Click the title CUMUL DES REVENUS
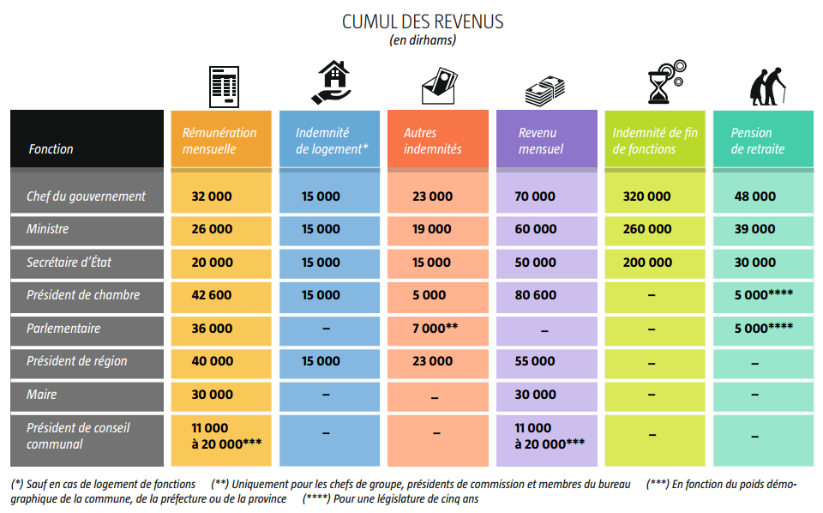(423, 21)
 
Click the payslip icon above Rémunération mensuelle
(225, 86)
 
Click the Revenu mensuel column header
(541, 141)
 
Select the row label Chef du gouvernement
(86, 196)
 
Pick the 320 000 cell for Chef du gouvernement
(647, 196)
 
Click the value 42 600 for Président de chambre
(212, 295)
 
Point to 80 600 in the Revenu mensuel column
(535, 295)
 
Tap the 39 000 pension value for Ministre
(754, 229)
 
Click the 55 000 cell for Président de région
(535, 361)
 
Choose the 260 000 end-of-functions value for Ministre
(647, 229)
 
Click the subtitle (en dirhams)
(423, 39)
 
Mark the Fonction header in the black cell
(51, 149)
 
